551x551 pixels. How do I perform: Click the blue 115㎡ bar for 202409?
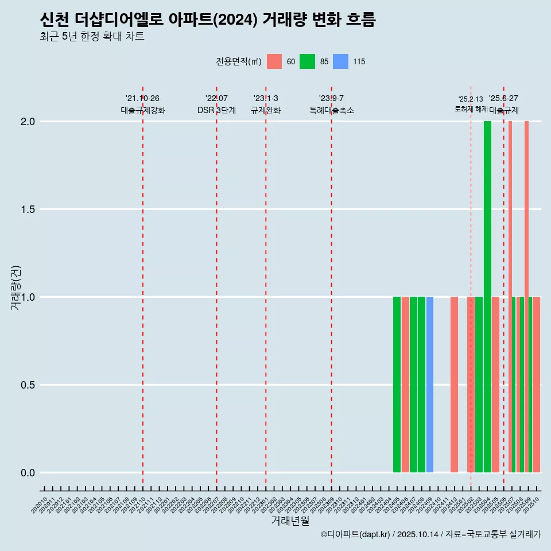point(430,385)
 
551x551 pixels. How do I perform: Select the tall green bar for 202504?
point(487,297)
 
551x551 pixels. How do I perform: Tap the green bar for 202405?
point(397,385)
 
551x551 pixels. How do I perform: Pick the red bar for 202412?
point(454,385)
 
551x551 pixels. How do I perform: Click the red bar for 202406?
point(405,385)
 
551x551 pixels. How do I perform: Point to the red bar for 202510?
point(537,385)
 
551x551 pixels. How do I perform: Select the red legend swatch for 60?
point(274,61)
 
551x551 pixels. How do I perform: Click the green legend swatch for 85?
point(307,61)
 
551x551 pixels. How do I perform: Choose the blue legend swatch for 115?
point(340,61)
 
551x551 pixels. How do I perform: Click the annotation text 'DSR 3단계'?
point(216,111)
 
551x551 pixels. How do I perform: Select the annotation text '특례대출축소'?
point(332,111)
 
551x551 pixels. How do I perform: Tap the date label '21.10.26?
point(142,99)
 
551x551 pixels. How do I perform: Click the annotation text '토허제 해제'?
point(471,109)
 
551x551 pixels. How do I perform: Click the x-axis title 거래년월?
point(290,521)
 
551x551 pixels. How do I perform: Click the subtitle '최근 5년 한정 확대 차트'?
point(92,37)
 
